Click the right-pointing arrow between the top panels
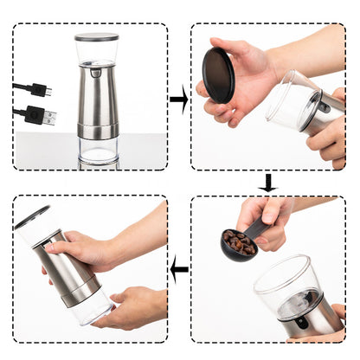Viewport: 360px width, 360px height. (x=179, y=100)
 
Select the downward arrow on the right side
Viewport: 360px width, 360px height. (x=267, y=183)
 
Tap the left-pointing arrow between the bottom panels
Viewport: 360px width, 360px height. (x=179, y=270)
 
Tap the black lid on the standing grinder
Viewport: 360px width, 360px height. (x=96, y=37)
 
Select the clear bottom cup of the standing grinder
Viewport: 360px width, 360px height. (x=97, y=152)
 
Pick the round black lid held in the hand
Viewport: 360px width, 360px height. (x=218, y=74)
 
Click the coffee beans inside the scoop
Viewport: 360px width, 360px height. (x=239, y=241)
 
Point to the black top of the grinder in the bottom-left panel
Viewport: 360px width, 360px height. (x=31, y=217)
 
